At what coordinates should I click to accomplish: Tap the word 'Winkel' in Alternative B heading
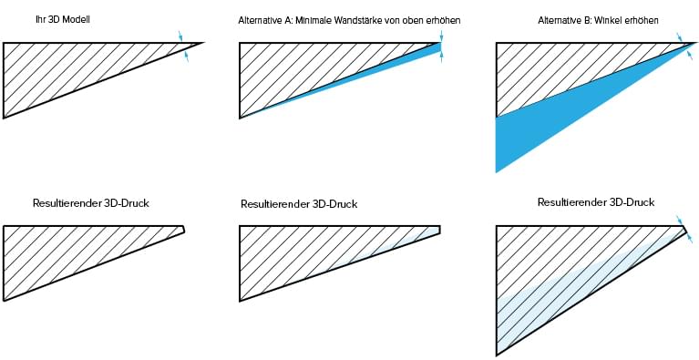click(x=615, y=19)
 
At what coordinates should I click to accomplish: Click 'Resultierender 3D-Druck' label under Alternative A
click(x=299, y=204)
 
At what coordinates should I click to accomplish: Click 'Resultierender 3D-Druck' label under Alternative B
click(x=596, y=201)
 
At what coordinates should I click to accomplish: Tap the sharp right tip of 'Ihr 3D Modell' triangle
click(x=202, y=43)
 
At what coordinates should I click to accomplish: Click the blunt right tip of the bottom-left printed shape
click(x=184, y=230)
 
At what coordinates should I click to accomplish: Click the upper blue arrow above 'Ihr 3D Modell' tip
click(x=180, y=36)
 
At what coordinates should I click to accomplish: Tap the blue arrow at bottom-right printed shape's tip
click(x=679, y=221)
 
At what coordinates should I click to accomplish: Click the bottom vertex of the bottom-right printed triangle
click(x=496, y=354)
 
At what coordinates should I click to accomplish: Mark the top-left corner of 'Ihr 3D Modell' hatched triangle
click(x=5, y=43)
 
